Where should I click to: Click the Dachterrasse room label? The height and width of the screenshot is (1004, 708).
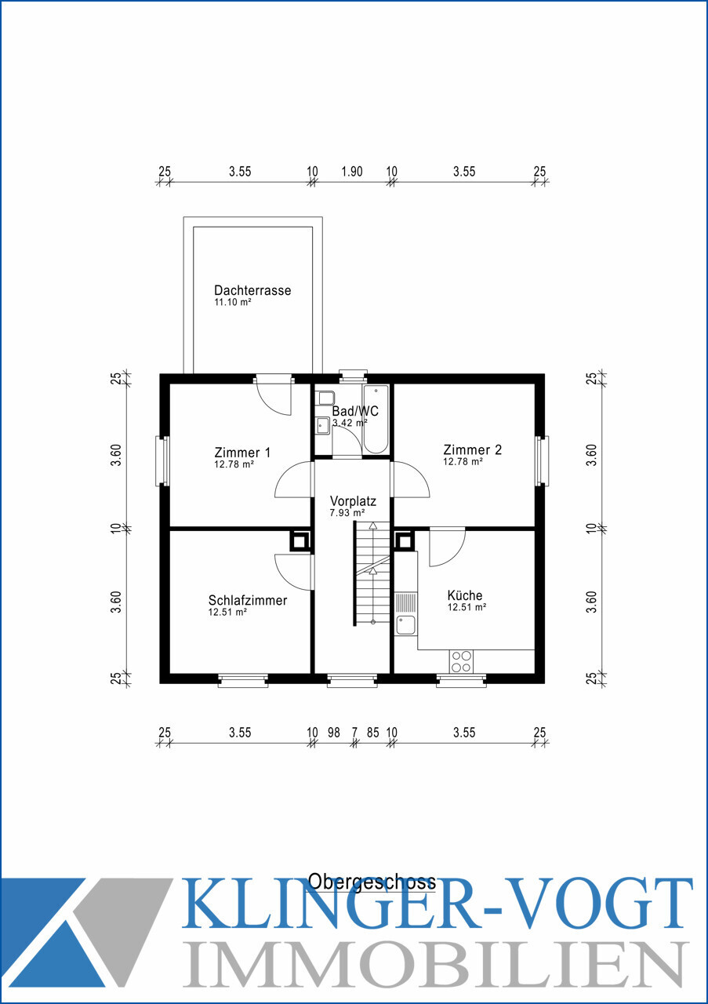[x=252, y=290]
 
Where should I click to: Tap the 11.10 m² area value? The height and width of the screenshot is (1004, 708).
[x=233, y=302]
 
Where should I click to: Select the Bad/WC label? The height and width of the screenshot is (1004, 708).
[x=355, y=411]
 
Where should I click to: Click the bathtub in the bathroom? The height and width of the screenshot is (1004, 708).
[x=376, y=419]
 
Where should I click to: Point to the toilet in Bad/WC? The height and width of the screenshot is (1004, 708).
[x=325, y=398]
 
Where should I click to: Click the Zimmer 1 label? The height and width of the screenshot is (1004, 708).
[x=242, y=453]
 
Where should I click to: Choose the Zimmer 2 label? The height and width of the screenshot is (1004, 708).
[x=472, y=449]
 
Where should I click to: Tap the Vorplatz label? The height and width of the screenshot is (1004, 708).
[x=353, y=501]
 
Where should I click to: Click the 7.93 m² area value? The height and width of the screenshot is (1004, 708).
[x=347, y=513]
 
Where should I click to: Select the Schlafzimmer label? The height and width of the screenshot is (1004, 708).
[x=247, y=601]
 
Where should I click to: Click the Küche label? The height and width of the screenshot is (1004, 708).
[x=465, y=595]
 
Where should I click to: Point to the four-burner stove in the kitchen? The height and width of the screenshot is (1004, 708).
[x=461, y=661]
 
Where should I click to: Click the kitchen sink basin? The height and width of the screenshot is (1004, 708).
[x=405, y=625]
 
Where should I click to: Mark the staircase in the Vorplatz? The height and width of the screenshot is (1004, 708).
[x=372, y=573]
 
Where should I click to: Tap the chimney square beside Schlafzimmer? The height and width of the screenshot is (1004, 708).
[x=300, y=541]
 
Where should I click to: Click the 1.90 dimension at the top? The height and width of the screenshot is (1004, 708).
[x=352, y=172]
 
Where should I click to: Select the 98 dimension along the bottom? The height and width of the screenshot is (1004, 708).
[x=334, y=733]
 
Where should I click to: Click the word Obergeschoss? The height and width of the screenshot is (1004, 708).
[x=372, y=882]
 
